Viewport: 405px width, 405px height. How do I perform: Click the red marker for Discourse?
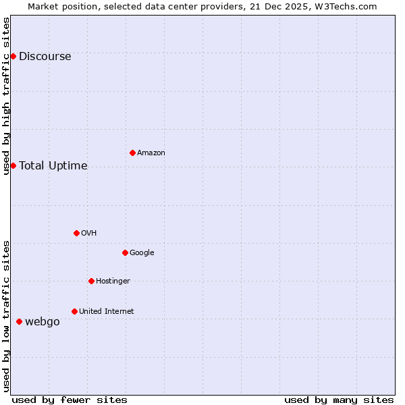(x=13, y=56)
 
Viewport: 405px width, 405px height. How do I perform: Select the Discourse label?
(x=45, y=57)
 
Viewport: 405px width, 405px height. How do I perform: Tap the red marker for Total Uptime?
(x=13, y=165)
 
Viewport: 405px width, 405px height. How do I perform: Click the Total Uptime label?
(x=53, y=166)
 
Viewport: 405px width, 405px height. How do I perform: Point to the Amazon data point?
(x=132, y=153)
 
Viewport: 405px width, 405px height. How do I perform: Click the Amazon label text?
(x=151, y=153)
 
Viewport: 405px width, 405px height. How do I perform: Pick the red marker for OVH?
(x=76, y=233)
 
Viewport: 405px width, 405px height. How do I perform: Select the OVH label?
(x=89, y=234)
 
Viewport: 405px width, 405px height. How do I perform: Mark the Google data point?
(x=125, y=252)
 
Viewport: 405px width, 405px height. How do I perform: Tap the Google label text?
(x=142, y=253)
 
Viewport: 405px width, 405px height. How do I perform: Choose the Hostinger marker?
(x=91, y=281)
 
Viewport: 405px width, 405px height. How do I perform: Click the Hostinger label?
(x=113, y=281)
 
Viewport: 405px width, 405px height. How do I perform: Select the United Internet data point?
(x=74, y=311)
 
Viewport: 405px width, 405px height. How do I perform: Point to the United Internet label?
(x=107, y=312)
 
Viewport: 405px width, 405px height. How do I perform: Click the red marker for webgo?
(x=19, y=321)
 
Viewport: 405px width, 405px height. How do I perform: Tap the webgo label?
(x=43, y=322)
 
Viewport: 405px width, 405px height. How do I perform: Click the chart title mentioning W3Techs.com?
(x=202, y=6)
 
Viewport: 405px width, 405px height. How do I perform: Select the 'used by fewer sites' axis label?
(x=70, y=400)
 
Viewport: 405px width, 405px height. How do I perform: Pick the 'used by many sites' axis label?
(x=339, y=400)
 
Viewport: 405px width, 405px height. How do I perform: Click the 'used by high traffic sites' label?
(x=6, y=96)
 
